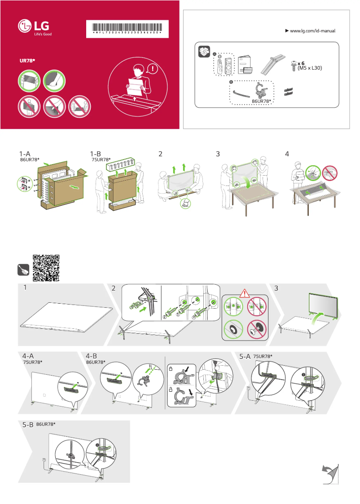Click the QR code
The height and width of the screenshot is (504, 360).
tap(46, 268)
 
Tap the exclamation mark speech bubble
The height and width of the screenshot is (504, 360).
tap(155, 69)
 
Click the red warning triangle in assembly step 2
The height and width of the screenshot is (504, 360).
tap(244, 294)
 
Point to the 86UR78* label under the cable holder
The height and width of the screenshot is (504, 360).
tap(263, 102)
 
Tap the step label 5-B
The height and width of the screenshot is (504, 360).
tap(28, 424)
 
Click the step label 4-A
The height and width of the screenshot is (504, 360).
tap(28, 356)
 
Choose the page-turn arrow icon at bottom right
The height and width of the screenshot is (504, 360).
tap(331, 474)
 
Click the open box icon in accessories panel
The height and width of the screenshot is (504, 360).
tap(204, 51)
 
